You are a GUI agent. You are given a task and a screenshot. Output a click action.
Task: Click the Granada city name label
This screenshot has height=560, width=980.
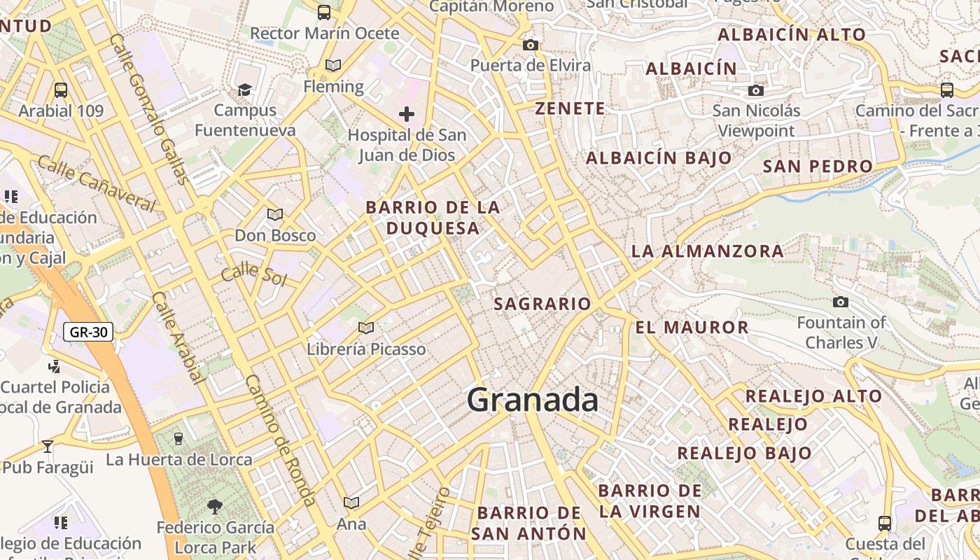[x=532, y=400]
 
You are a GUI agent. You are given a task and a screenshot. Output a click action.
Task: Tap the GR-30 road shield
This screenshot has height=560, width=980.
[x=88, y=332]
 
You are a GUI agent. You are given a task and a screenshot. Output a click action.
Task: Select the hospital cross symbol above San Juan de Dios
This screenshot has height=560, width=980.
[x=407, y=114]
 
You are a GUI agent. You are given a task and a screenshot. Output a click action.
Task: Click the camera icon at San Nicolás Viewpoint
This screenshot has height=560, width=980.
[x=756, y=90]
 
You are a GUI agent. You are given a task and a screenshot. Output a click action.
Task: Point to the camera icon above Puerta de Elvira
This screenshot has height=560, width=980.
[x=531, y=45]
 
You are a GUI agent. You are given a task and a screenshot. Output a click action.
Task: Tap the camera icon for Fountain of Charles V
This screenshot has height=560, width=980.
[x=841, y=302]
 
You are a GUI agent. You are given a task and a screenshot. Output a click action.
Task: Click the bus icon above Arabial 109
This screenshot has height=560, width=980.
[x=61, y=90]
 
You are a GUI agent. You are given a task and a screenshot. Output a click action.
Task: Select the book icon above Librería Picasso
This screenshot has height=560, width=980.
[x=366, y=328]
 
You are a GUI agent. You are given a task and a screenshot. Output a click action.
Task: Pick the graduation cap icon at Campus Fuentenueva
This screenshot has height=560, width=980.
[x=244, y=90]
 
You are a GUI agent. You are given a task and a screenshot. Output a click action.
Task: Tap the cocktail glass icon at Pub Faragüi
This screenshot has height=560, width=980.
[x=48, y=446]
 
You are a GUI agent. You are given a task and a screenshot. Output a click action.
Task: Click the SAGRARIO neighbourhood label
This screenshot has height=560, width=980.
[x=542, y=304]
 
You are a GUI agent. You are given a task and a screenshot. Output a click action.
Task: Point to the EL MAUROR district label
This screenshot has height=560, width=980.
[x=692, y=327]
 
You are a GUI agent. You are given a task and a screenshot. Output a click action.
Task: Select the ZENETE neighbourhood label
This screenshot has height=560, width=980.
[x=570, y=108]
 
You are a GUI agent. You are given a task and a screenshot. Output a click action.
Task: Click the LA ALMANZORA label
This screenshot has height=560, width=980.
[x=707, y=251]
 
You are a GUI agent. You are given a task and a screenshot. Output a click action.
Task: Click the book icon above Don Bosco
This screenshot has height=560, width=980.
[x=275, y=214]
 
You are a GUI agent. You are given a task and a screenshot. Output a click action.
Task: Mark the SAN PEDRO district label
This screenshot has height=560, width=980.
[x=818, y=166]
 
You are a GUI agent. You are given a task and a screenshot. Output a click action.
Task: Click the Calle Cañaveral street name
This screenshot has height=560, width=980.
[x=96, y=183]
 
